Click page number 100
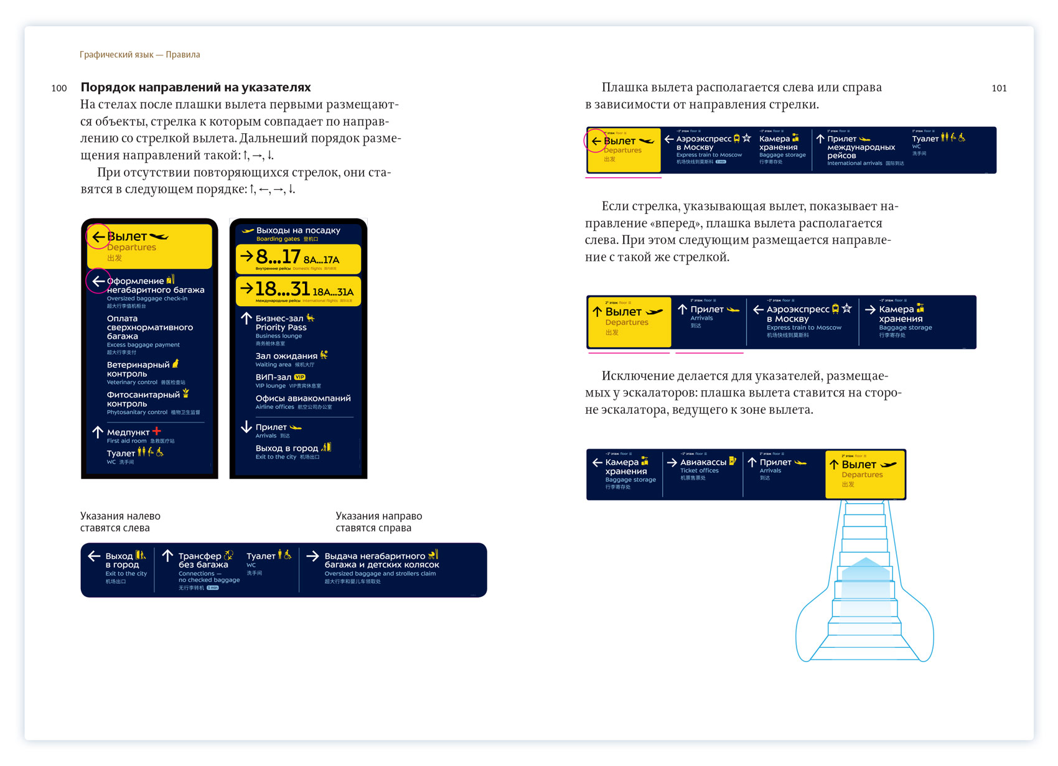point(59,88)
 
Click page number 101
point(999,88)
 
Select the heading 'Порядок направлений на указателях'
point(195,87)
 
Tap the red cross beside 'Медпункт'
point(157,431)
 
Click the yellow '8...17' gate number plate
point(298,259)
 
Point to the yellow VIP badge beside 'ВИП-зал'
point(300,377)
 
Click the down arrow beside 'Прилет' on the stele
point(246,427)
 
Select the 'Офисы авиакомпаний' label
point(302,398)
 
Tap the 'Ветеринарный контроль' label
point(138,369)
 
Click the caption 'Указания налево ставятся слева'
point(120,521)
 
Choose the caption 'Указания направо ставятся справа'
point(378,521)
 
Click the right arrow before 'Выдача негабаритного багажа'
point(312,556)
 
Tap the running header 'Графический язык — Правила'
point(140,55)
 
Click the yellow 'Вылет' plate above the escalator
point(865,474)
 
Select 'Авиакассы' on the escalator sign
point(703,462)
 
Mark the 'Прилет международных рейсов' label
point(860,147)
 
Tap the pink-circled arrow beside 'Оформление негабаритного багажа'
point(98,281)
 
